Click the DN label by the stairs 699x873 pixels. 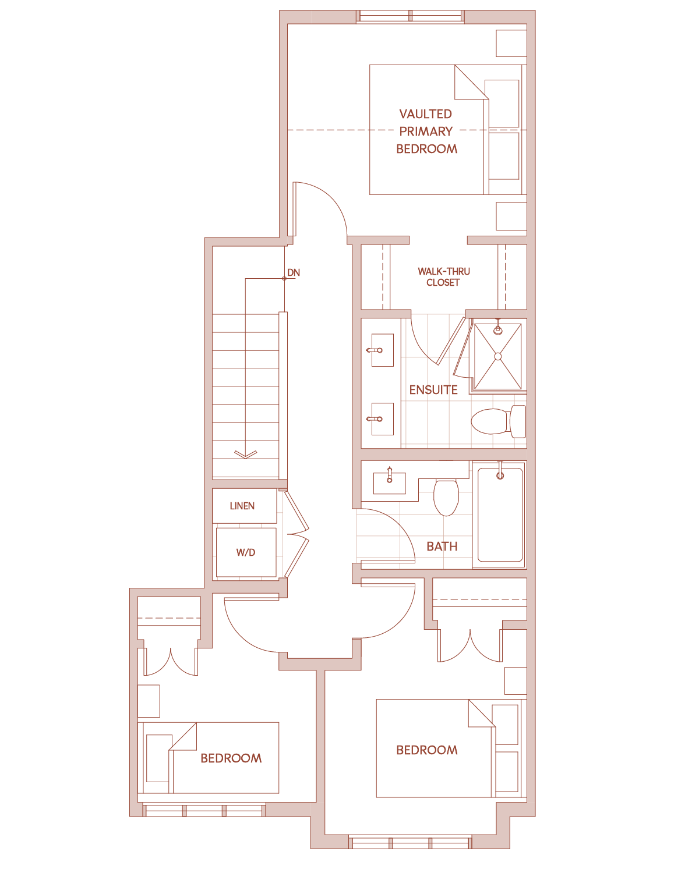pyautogui.click(x=293, y=272)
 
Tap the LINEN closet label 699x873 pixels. pyautogui.click(x=242, y=506)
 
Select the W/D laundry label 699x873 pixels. pyautogui.click(x=246, y=552)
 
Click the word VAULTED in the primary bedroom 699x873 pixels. pyautogui.click(x=425, y=114)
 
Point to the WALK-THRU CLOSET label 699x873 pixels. pyautogui.click(x=443, y=276)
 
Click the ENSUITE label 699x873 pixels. pyautogui.click(x=433, y=390)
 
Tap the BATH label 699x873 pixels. pyautogui.click(x=442, y=546)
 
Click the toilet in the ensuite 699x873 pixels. pyautogui.click(x=499, y=421)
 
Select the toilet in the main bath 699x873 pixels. pyautogui.click(x=446, y=498)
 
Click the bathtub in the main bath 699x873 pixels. pyautogui.click(x=500, y=515)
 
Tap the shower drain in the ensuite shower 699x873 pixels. pyautogui.click(x=498, y=357)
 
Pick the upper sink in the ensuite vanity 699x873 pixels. pyautogui.click(x=383, y=350)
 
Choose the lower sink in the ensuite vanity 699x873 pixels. pyautogui.click(x=383, y=419)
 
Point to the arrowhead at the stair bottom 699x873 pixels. pyautogui.click(x=246, y=455)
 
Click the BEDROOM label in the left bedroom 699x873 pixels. pyautogui.click(x=231, y=758)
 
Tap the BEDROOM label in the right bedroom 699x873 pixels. pyautogui.click(x=427, y=750)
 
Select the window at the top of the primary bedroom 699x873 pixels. pyautogui.click(x=410, y=16)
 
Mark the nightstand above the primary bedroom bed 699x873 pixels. pyautogui.click(x=511, y=44)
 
